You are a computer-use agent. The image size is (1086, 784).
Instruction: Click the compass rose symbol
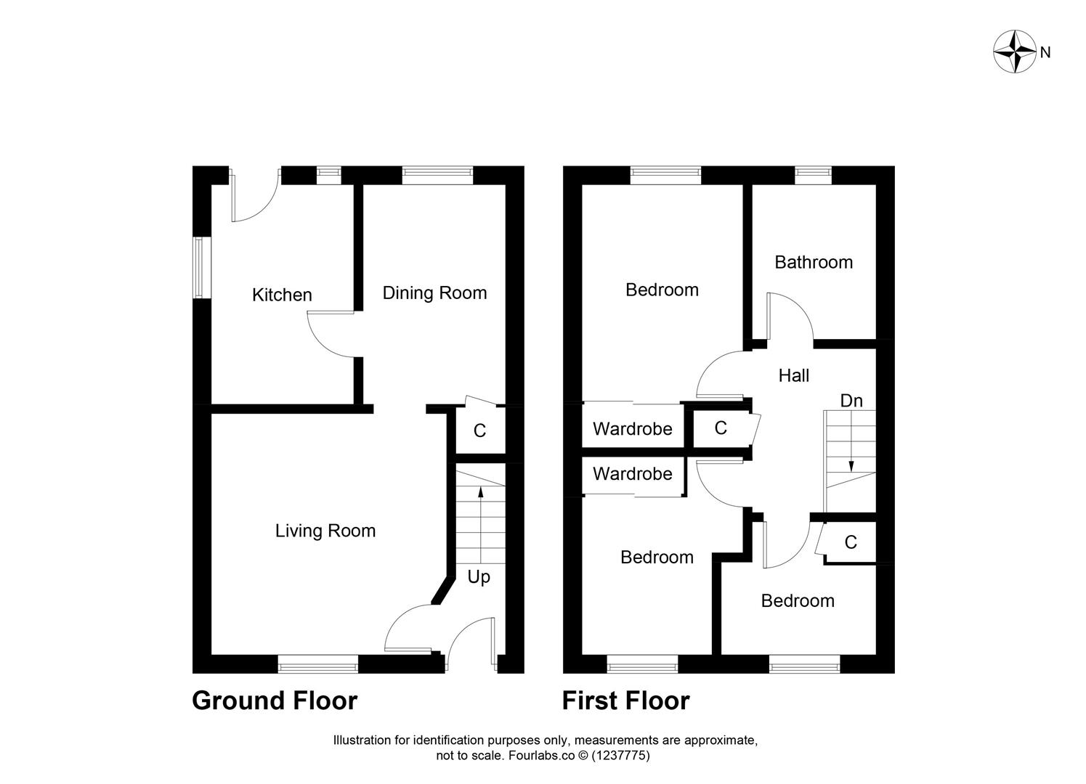point(1014,52)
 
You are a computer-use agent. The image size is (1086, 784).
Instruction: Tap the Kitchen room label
point(282,295)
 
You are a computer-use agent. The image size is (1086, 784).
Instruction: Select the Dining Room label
point(434,293)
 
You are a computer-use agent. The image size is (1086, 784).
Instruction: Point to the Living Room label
point(325,531)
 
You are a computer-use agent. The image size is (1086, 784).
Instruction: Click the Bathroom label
point(814,262)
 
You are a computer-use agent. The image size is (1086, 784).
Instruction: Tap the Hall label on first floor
point(793,375)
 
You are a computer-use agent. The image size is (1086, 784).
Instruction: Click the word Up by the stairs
point(479,576)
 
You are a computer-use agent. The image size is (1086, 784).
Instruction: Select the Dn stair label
point(851,401)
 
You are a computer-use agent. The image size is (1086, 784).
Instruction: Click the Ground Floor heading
point(275,701)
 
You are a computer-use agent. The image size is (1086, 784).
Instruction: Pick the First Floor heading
point(625,701)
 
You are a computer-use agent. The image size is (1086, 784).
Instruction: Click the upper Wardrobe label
point(632,429)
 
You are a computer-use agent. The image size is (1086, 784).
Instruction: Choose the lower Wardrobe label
point(632,474)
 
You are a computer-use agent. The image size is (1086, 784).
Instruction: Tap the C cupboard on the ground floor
point(479,431)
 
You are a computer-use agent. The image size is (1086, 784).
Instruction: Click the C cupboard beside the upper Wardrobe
point(720,428)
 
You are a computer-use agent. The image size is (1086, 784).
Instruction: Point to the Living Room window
point(318,662)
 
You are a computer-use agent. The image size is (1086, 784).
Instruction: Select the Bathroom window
point(813,173)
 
